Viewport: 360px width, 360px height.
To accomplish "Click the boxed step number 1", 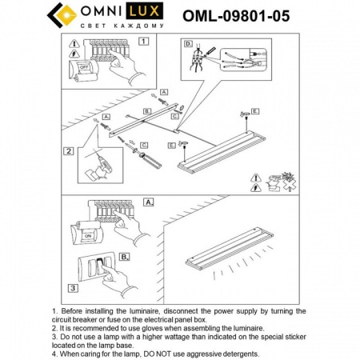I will tap(142, 40).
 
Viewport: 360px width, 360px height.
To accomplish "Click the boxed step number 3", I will tap(72, 287).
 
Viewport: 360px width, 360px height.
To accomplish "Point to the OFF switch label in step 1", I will tap(82, 69).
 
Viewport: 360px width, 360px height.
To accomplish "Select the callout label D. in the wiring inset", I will tap(188, 44).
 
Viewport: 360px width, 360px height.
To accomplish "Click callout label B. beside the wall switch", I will tap(125, 257).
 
